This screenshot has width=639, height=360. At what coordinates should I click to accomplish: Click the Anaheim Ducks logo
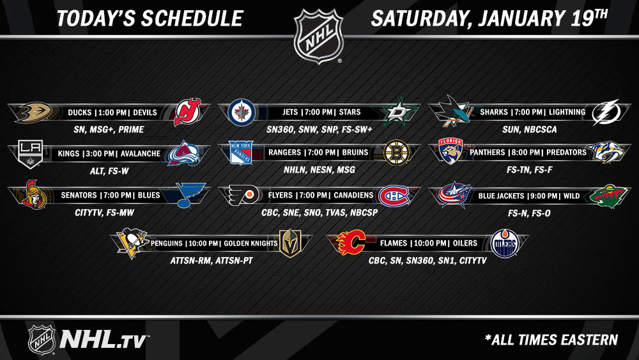pyautogui.click(x=33, y=112)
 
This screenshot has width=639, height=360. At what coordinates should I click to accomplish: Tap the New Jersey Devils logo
pyautogui.click(x=187, y=112)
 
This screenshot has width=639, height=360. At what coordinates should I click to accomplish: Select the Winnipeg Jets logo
pyautogui.click(x=242, y=112)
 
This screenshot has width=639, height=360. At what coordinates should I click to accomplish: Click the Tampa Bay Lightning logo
pyautogui.click(x=607, y=112)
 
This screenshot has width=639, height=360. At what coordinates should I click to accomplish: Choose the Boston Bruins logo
pyautogui.click(x=397, y=152)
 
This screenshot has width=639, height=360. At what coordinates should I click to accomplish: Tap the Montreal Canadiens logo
pyautogui.click(x=394, y=196)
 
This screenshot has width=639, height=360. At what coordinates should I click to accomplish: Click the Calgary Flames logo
pyautogui.click(x=351, y=242)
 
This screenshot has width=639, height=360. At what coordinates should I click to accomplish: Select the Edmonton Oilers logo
pyautogui.click(x=505, y=244)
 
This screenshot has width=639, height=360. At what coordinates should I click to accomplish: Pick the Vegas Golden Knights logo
pyautogui.click(x=290, y=244)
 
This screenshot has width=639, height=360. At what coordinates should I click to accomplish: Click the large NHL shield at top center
pyautogui.click(x=319, y=36)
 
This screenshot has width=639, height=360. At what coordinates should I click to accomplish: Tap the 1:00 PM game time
pyautogui.click(x=112, y=113)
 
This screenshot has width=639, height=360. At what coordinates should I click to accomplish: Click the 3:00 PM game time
pyautogui.click(x=99, y=153)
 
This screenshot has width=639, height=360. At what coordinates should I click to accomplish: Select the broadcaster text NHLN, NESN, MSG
pyautogui.click(x=319, y=169)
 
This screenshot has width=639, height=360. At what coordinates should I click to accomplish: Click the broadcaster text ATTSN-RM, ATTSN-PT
pyautogui.click(x=212, y=260)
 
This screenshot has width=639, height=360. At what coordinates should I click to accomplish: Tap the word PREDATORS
pyautogui.click(x=566, y=152)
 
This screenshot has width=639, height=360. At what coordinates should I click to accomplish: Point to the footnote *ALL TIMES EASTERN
pyautogui.click(x=551, y=340)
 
